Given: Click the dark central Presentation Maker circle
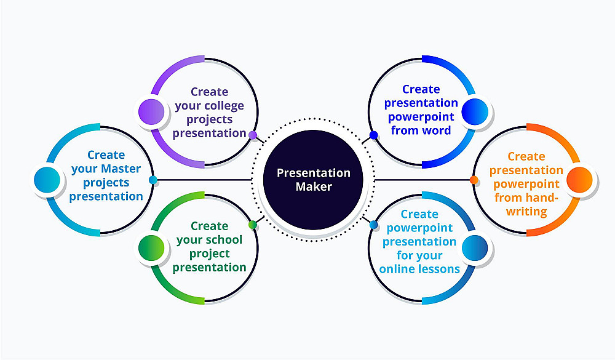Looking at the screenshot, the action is (313, 180).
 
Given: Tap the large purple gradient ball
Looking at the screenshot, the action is (151, 112).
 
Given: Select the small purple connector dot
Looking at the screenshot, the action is (253, 135).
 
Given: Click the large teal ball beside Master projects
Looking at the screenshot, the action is (47, 180).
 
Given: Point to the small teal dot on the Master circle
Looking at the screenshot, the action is (153, 180).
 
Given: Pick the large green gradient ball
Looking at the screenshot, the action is (151, 248).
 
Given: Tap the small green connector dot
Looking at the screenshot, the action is (253, 225).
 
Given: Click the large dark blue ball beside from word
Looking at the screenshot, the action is (475, 112).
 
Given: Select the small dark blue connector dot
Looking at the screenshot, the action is (374, 135).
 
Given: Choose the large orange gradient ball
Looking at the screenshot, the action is (580, 180).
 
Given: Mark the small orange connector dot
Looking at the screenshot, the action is (474, 180).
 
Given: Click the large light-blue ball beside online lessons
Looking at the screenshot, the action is (475, 248).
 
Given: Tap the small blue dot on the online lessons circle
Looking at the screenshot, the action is (374, 225).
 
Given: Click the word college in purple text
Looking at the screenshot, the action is (224, 106).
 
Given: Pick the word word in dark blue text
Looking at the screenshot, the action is (436, 130).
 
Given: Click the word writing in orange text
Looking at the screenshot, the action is (526, 212).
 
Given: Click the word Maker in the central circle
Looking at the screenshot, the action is (314, 186).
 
